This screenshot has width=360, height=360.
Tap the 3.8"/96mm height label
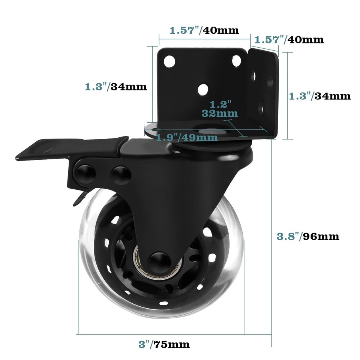click(308, 236)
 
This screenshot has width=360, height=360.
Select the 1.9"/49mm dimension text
click(187, 138)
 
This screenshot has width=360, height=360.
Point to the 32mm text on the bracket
click(219, 112)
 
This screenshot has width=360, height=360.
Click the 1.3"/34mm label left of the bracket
click(115, 87)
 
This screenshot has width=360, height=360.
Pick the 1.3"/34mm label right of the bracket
click(320, 96)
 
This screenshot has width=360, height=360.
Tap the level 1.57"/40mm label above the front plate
click(204, 30)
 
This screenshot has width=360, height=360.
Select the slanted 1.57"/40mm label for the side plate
click(289, 39)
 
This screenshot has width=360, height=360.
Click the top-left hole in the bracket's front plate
click(169, 60)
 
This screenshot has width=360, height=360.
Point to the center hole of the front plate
click(203, 88)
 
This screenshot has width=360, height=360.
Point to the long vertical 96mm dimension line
click(272, 244)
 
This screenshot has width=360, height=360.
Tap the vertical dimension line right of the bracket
click(288, 96)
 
